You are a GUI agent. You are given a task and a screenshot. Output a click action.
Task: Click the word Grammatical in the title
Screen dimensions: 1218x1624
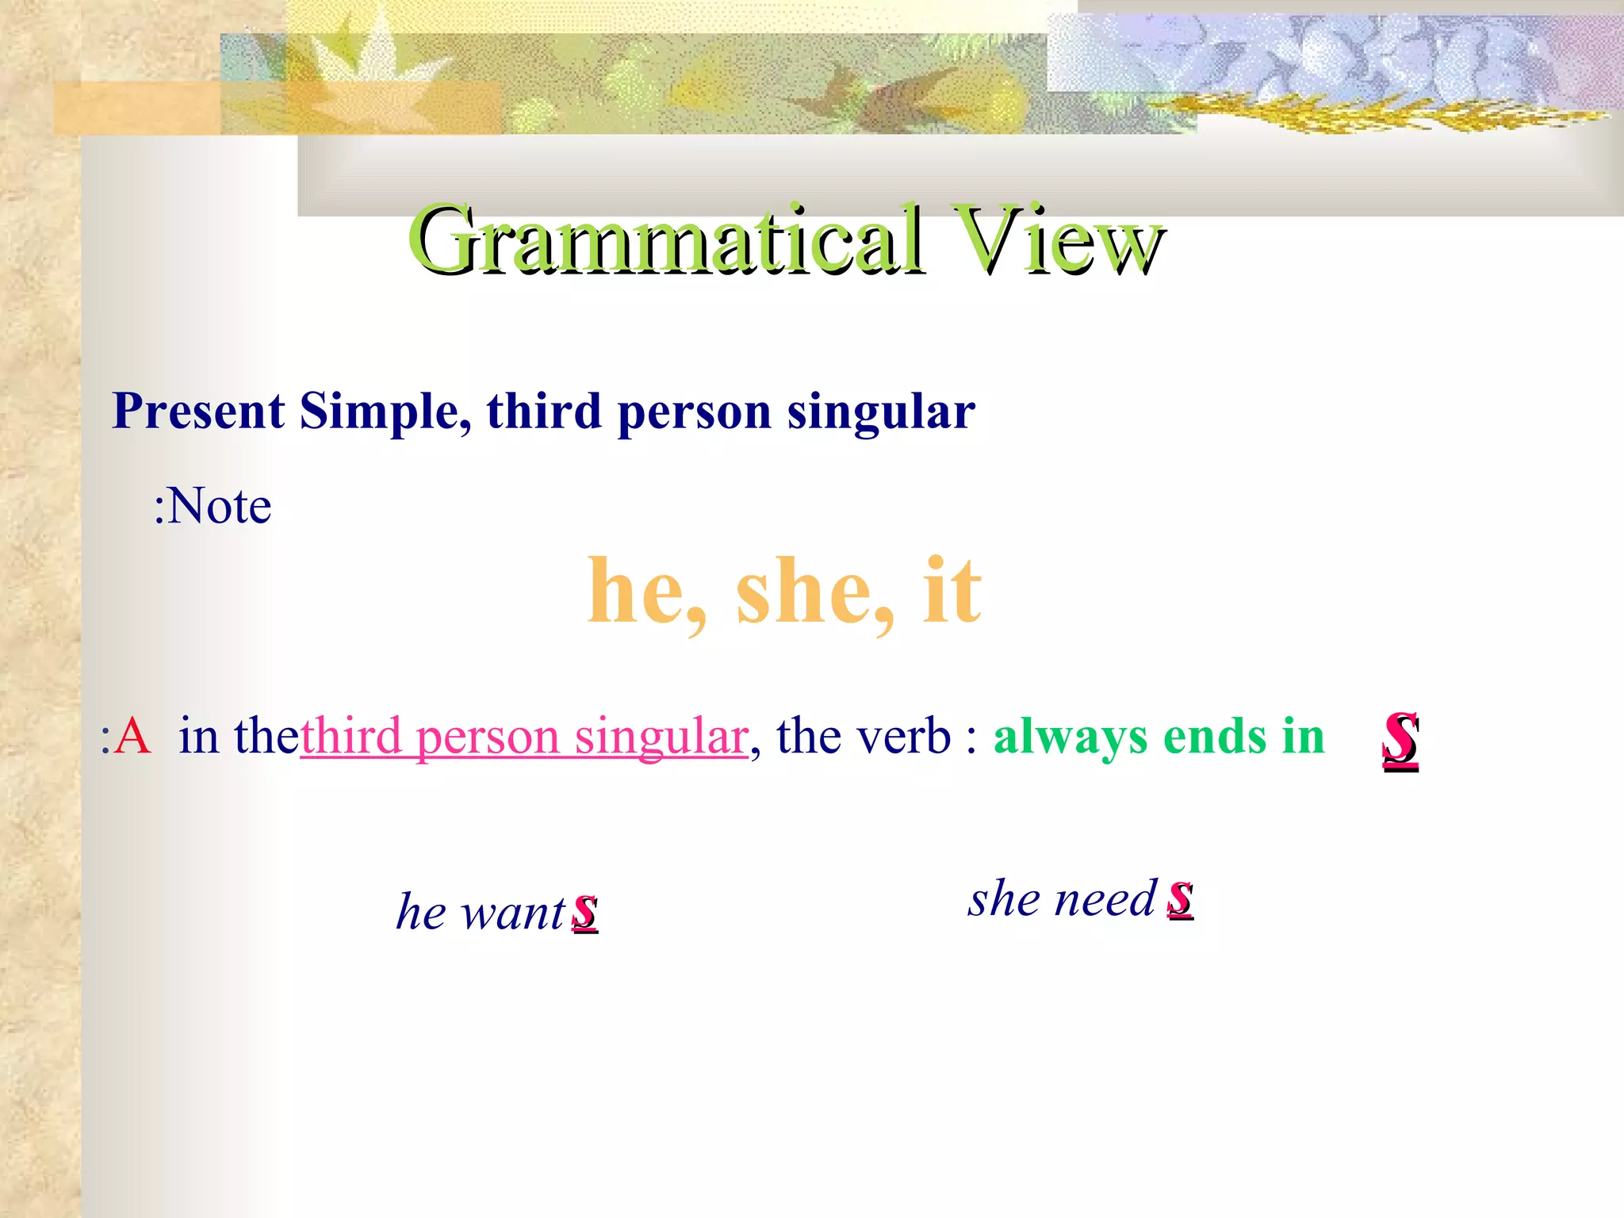(666, 239)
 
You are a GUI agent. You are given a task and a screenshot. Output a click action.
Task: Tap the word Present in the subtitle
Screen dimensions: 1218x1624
(198, 412)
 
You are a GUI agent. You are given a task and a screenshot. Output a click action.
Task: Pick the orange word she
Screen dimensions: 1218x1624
(813, 591)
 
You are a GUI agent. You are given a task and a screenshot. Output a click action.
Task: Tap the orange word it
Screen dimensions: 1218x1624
(952, 591)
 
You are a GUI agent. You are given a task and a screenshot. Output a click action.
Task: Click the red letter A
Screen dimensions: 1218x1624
(132, 736)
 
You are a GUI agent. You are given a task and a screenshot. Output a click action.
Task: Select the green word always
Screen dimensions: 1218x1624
(1070, 737)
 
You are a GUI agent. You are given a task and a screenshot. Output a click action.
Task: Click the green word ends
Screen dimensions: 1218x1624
(1215, 737)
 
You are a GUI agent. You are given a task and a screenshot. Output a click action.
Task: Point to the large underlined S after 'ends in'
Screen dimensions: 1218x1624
(1400, 739)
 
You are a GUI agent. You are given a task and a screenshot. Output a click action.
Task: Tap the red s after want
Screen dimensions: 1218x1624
(585, 912)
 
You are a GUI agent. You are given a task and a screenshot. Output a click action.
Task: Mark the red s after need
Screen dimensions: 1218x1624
(1180, 899)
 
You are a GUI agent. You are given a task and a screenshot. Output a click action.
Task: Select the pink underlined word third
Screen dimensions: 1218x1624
(351, 736)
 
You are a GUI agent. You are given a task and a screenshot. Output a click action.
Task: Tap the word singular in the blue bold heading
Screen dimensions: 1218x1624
(880, 412)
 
